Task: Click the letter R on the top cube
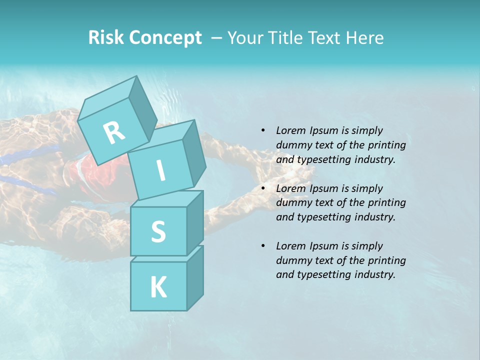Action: (114, 132)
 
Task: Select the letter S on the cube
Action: (158, 232)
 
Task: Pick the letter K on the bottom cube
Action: (158, 287)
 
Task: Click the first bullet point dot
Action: (263, 131)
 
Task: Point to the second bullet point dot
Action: (263, 188)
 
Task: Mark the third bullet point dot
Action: (263, 246)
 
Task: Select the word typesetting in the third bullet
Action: (325, 274)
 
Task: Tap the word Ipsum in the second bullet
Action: (324, 188)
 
